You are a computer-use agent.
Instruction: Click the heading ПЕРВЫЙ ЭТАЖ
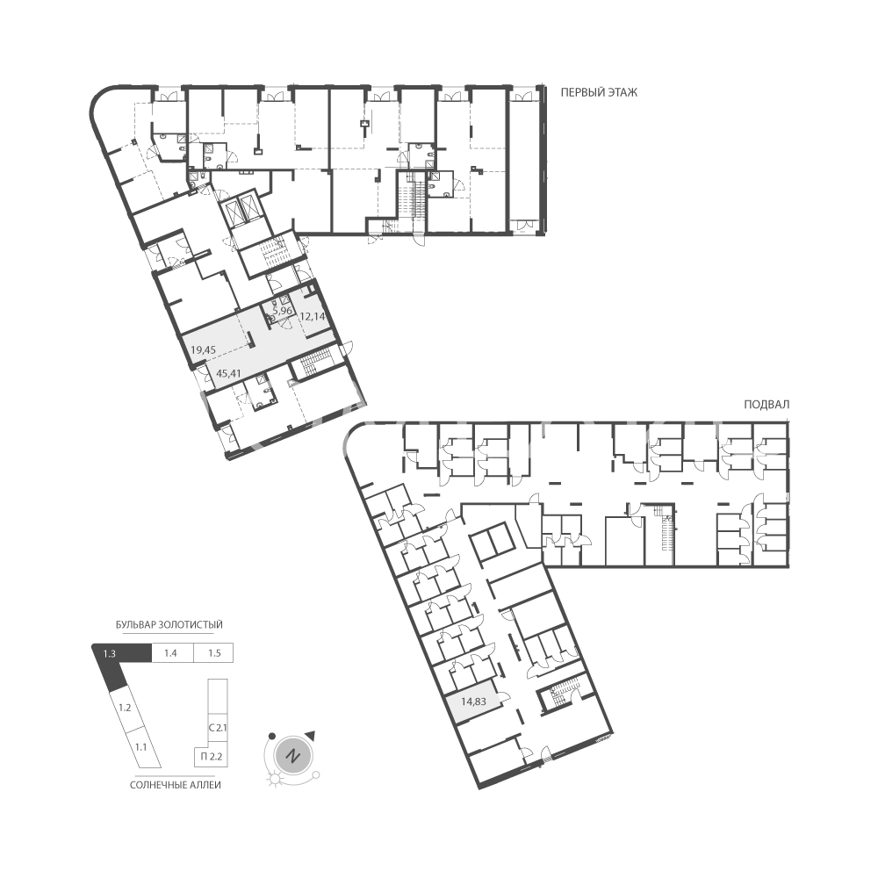599,92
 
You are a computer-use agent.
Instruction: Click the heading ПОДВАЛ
766,405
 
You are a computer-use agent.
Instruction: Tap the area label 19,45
204,350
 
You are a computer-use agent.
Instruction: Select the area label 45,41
228,372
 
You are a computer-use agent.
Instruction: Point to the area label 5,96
282,310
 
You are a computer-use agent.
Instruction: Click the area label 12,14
313,316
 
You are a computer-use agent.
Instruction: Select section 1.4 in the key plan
172,653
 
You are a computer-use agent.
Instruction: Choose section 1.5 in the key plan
213,653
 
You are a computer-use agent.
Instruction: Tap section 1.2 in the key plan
126,709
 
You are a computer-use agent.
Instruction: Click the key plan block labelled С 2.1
217,729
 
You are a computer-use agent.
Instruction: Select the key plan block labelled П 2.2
211,757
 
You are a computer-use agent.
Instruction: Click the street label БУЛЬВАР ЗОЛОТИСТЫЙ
169,625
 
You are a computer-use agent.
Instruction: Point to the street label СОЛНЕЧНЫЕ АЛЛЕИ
176,785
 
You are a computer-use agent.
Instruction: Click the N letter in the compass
291,756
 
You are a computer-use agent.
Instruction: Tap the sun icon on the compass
275,779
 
